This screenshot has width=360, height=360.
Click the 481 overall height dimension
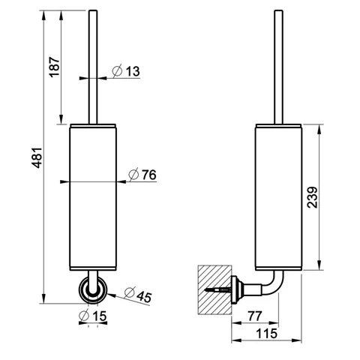(38, 157)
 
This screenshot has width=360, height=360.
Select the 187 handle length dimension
(54, 67)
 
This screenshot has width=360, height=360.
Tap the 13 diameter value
(133, 71)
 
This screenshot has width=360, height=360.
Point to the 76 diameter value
(149, 175)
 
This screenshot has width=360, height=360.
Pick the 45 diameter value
(144, 297)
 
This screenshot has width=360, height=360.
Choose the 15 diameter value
(100, 316)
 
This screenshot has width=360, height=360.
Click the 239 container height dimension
(313, 197)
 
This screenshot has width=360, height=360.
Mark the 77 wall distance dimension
(255, 316)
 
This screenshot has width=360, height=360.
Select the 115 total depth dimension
(266, 334)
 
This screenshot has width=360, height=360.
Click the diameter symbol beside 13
(117, 71)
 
